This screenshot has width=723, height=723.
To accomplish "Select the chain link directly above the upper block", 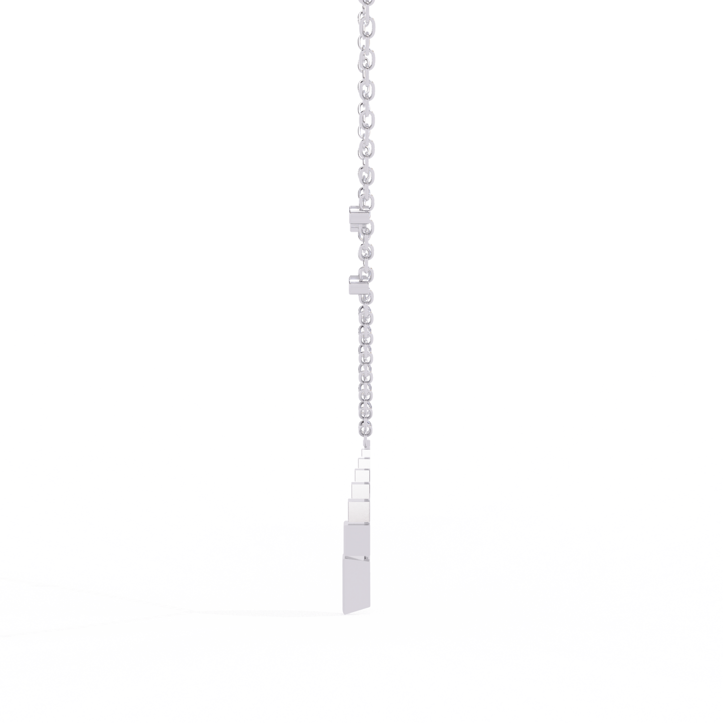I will click(x=367, y=200).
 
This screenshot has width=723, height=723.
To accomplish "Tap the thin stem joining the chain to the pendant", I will click(x=366, y=443).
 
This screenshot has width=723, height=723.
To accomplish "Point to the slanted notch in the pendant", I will click(x=357, y=558).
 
